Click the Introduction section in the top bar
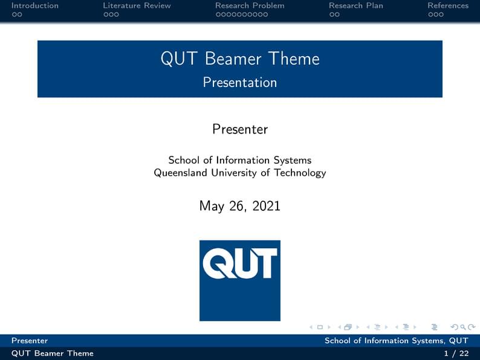point(35,5)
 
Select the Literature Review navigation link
point(137,5)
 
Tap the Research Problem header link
point(250,5)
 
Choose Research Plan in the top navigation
point(356,5)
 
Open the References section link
point(448,5)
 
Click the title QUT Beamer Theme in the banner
point(240,59)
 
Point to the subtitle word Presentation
point(240,82)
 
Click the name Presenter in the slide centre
point(240,129)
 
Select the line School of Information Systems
point(240,160)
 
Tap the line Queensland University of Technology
point(240,173)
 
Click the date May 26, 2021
point(240,206)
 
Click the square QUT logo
point(240,280)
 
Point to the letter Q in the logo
point(216,265)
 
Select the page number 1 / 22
point(456,353)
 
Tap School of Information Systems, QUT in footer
point(396,341)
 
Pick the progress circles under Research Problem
point(242,14)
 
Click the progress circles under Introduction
point(17,14)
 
